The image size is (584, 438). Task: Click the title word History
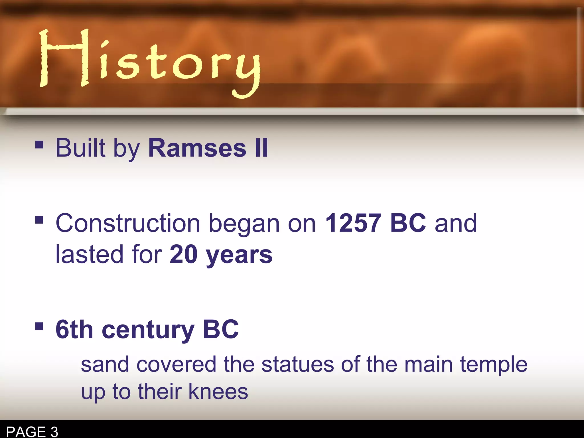pyautogui.click(x=150, y=61)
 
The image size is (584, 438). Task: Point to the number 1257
pyautogui.click(x=353, y=223)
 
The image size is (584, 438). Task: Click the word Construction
pyautogui.click(x=128, y=223)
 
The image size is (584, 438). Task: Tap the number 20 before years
pyautogui.click(x=183, y=254)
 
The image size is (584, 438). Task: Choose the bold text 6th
pyautogui.click(x=74, y=330)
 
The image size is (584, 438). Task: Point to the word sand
pyautogui.click(x=105, y=365)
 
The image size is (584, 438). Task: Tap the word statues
pyautogui.click(x=297, y=365)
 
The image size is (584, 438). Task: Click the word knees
pyautogui.click(x=218, y=392)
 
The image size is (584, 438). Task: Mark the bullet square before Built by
pyautogui.click(x=39, y=145)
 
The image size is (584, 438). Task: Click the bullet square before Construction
pyautogui.click(x=39, y=220)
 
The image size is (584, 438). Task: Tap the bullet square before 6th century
pyautogui.click(x=39, y=326)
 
